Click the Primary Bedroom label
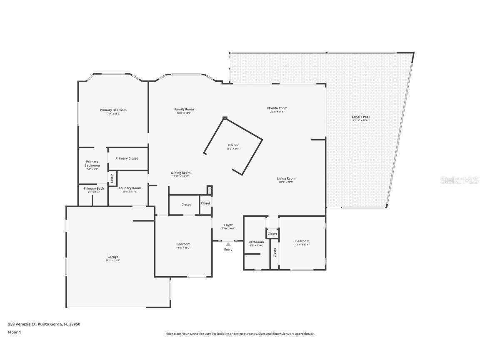pos(113,110)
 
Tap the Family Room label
pos(184,109)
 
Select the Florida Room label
pos(277,108)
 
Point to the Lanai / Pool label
pos(360,117)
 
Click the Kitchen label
pos(233,145)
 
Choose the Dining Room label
pos(181,172)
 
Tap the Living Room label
pos(286,178)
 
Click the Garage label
pos(112,257)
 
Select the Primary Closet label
pos(127,158)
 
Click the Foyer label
pos(228,225)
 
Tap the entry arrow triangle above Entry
pos(228,245)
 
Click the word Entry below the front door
pos(228,250)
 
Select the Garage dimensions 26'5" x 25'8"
pos(112,260)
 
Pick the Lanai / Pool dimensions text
pos(360,121)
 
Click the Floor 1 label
pos(14,332)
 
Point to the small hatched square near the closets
pos(210,190)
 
